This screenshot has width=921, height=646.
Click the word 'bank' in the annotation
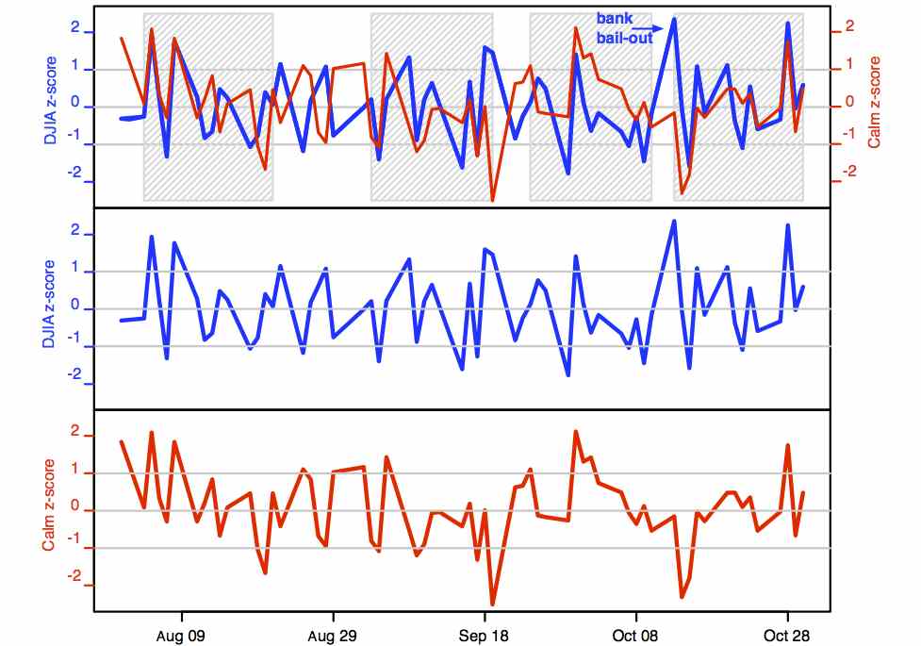click(614, 18)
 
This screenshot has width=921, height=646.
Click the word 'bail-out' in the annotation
click(624, 39)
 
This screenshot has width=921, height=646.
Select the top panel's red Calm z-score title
click(874, 102)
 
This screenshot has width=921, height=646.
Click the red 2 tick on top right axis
click(848, 27)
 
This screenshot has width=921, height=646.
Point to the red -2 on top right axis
click(847, 173)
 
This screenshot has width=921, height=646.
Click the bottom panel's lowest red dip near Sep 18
click(492, 604)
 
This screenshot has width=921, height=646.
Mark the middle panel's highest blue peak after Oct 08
click(674, 222)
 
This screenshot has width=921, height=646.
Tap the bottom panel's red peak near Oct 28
click(787, 445)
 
